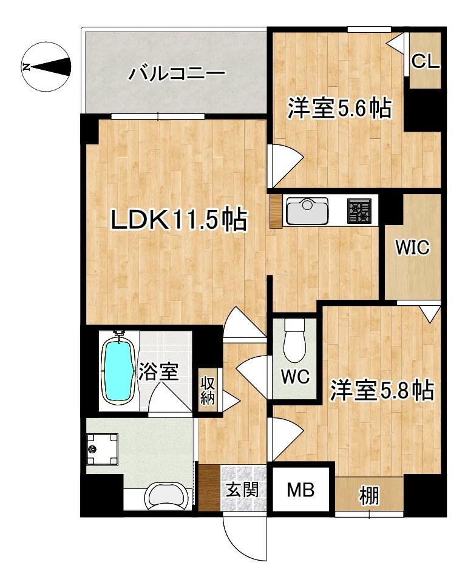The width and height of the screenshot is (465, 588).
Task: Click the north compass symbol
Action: [45, 66]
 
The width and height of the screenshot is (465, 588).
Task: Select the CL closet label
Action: [426, 61]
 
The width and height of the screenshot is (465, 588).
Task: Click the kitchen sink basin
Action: [307, 212]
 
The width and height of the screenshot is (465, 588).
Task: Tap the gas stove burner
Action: [359, 211]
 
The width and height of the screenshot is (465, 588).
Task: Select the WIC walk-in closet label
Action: [413, 248]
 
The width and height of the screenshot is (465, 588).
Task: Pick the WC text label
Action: [295, 377]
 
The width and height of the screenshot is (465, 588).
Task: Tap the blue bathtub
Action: [117, 370]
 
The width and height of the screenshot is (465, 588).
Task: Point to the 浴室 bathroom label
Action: [158, 371]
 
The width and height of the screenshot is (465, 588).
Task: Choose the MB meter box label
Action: [300, 490]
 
